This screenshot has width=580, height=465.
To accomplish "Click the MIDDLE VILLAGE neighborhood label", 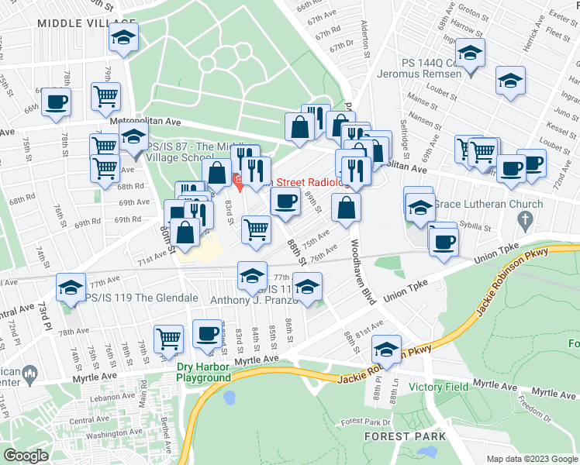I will (76, 24).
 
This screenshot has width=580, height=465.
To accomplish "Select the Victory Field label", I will (419, 387).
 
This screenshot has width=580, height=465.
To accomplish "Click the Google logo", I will (26, 456).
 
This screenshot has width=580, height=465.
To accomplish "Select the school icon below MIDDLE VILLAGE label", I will (123, 39).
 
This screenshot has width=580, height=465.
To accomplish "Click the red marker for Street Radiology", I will (239, 182).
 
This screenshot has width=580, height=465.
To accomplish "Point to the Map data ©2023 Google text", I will (531, 459).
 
